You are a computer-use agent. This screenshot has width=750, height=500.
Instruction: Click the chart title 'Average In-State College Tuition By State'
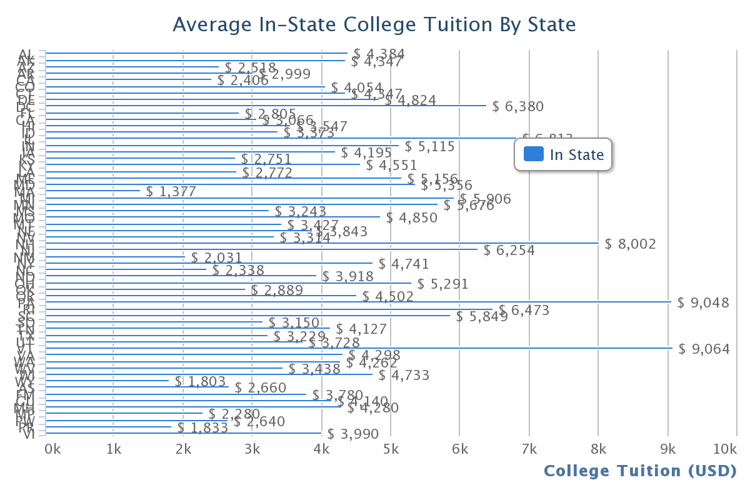pos(374,24)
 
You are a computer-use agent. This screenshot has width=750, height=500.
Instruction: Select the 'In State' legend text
pos(577,154)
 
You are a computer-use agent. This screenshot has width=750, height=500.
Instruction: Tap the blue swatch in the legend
pos(533,154)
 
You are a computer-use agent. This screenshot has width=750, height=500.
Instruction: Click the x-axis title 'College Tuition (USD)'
pos(640,471)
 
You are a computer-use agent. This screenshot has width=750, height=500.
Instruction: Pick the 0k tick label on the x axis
pos(52,449)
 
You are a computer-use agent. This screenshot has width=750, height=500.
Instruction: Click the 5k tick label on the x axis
pos(391,449)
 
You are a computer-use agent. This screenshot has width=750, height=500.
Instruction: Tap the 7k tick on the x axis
pos(529,449)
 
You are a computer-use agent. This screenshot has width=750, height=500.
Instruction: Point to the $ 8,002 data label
pos(631,244)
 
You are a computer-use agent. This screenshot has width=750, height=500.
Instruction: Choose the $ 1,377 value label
pos(171,191)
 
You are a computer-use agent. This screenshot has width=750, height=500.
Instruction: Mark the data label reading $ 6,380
pos(518,106)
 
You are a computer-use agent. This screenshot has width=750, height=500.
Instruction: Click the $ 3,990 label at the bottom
pos(353,434)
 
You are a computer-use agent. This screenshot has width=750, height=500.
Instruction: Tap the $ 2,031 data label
pos(216,257)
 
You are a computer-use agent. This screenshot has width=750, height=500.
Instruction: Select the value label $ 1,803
pos(201,381)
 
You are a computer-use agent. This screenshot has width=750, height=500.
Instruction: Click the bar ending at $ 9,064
pos(359,348)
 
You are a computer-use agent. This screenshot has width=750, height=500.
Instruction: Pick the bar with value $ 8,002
pos(322,243)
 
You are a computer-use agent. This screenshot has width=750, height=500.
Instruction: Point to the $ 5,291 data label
pos(443,284)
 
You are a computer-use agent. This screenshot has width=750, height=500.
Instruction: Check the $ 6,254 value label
pos(509,251)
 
